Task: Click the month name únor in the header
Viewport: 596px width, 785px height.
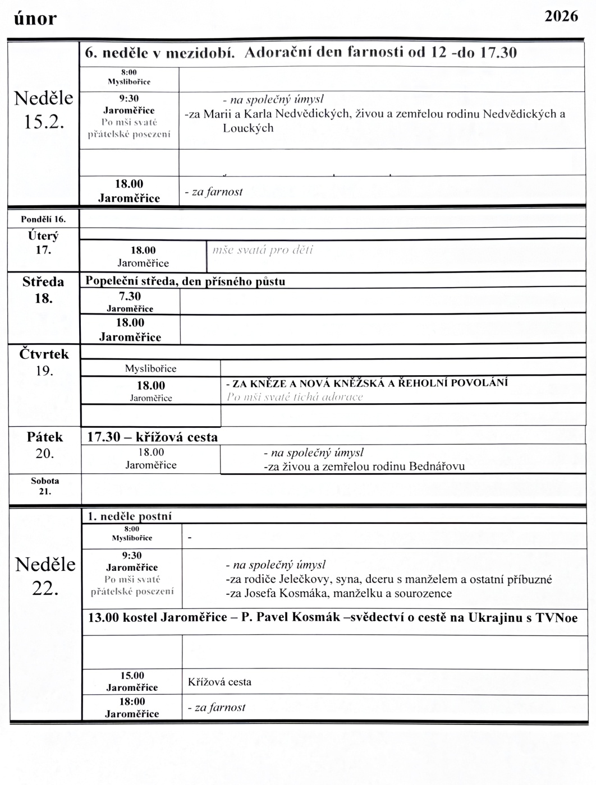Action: [x=35, y=19]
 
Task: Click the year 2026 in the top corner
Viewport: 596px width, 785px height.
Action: [x=561, y=16]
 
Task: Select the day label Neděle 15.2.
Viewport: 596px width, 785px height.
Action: [x=44, y=109]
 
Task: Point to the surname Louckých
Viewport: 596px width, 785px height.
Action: [x=248, y=128]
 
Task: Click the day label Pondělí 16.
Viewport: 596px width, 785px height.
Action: [x=43, y=219]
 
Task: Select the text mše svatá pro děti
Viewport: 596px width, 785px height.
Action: [x=263, y=250]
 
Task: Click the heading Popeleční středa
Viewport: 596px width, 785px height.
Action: [x=131, y=281]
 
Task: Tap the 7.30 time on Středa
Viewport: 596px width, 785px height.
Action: [x=130, y=296]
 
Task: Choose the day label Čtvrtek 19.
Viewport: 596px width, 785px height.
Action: [x=44, y=362]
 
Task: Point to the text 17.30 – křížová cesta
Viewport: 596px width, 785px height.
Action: [x=153, y=437]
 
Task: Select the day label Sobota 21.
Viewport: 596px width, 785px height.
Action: [x=45, y=486]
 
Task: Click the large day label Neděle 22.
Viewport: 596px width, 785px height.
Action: [x=45, y=576]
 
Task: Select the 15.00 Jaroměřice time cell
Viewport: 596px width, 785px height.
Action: [x=132, y=681]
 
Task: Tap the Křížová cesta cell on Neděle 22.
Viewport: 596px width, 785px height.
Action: [x=219, y=682]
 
